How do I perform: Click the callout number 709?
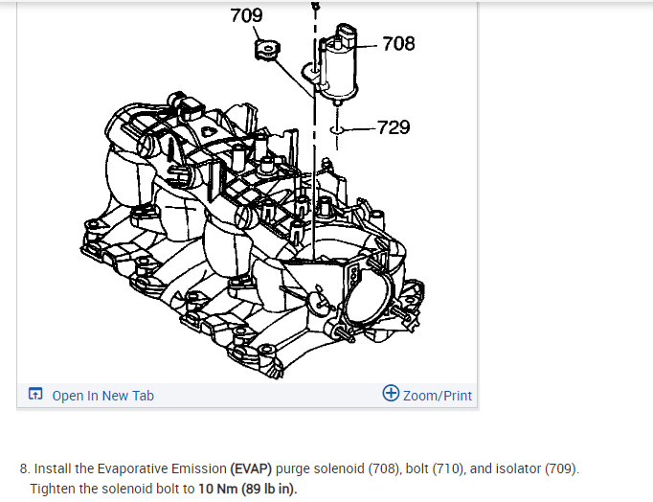pyautogui.click(x=247, y=15)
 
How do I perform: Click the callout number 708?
pyautogui.click(x=397, y=43)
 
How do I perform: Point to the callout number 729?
pyautogui.click(x=394, y=126)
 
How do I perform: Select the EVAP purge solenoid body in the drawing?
pyautogui.click(x=337, y=69)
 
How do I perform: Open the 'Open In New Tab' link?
pyautogui.click(x=102, y=396)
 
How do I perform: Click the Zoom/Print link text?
pyautogui.click(x=438, y=396)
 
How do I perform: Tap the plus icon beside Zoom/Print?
pyautogui.click(x=391, y=394)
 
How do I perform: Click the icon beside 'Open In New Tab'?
pyautogui.click(x=35, y=395)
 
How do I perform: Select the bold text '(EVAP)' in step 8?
pyautogui.click(x=251, y=469)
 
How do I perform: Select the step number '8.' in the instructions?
pyautogui.click(x=25, y=469)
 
